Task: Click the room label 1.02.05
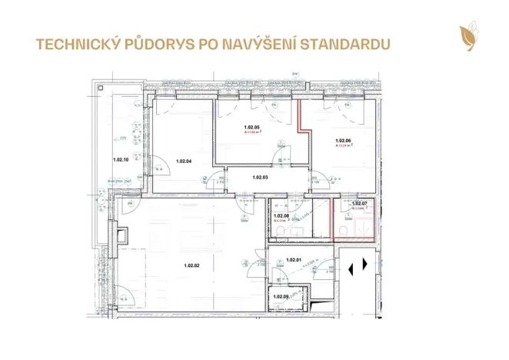pos(252,128)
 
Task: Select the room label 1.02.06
pos(344,141)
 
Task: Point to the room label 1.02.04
pos(183,161)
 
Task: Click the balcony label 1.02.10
pos(120,160)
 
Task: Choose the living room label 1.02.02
pos(192,266)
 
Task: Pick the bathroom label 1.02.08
pos(281,216)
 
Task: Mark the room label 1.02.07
pos(359,204)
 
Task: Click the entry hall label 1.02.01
pos(292,260)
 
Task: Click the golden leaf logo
pos(466,36)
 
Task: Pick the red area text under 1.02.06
pos(344,146)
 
